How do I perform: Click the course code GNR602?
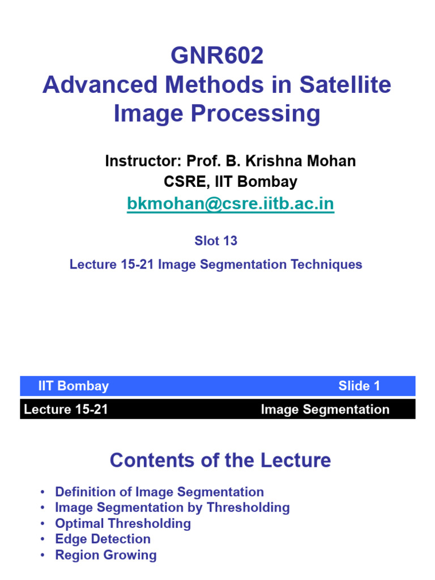pyautogui.click(x=217, y=56)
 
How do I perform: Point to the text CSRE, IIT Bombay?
pyautogui.click(x=230, y=182)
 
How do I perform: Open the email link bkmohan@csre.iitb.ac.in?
pyautogui.click(x=230, y=203)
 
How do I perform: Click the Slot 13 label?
pyautogui.click(x=216, y=241)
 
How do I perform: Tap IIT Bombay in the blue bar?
pyautogui.click(x=74, y=386)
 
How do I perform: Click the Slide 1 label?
pyautogui.click(x=359, y=386)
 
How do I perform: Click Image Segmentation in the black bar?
pyautogui.click(x=325, y=410)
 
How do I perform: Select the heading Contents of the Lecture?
pyautogui.click(x=220, y=460)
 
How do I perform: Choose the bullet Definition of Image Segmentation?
pyautogui.click(x=159, y=492)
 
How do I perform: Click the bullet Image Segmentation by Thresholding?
pyautogui.click(x=172, y=507)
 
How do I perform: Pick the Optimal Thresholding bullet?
pyautogui.click(x=123, y=523)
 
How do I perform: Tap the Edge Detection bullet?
pyautogui.click(x=103, y=539)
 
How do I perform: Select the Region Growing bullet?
pyautogui.click(x=106, y=555)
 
